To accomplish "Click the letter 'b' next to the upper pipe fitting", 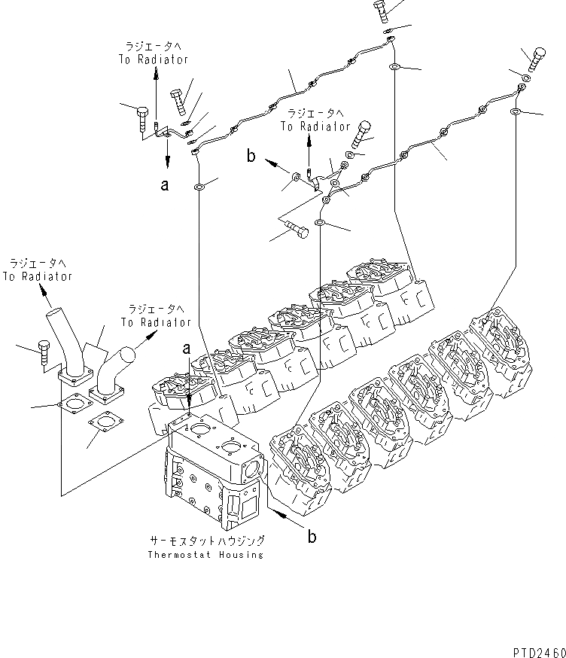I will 251,157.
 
